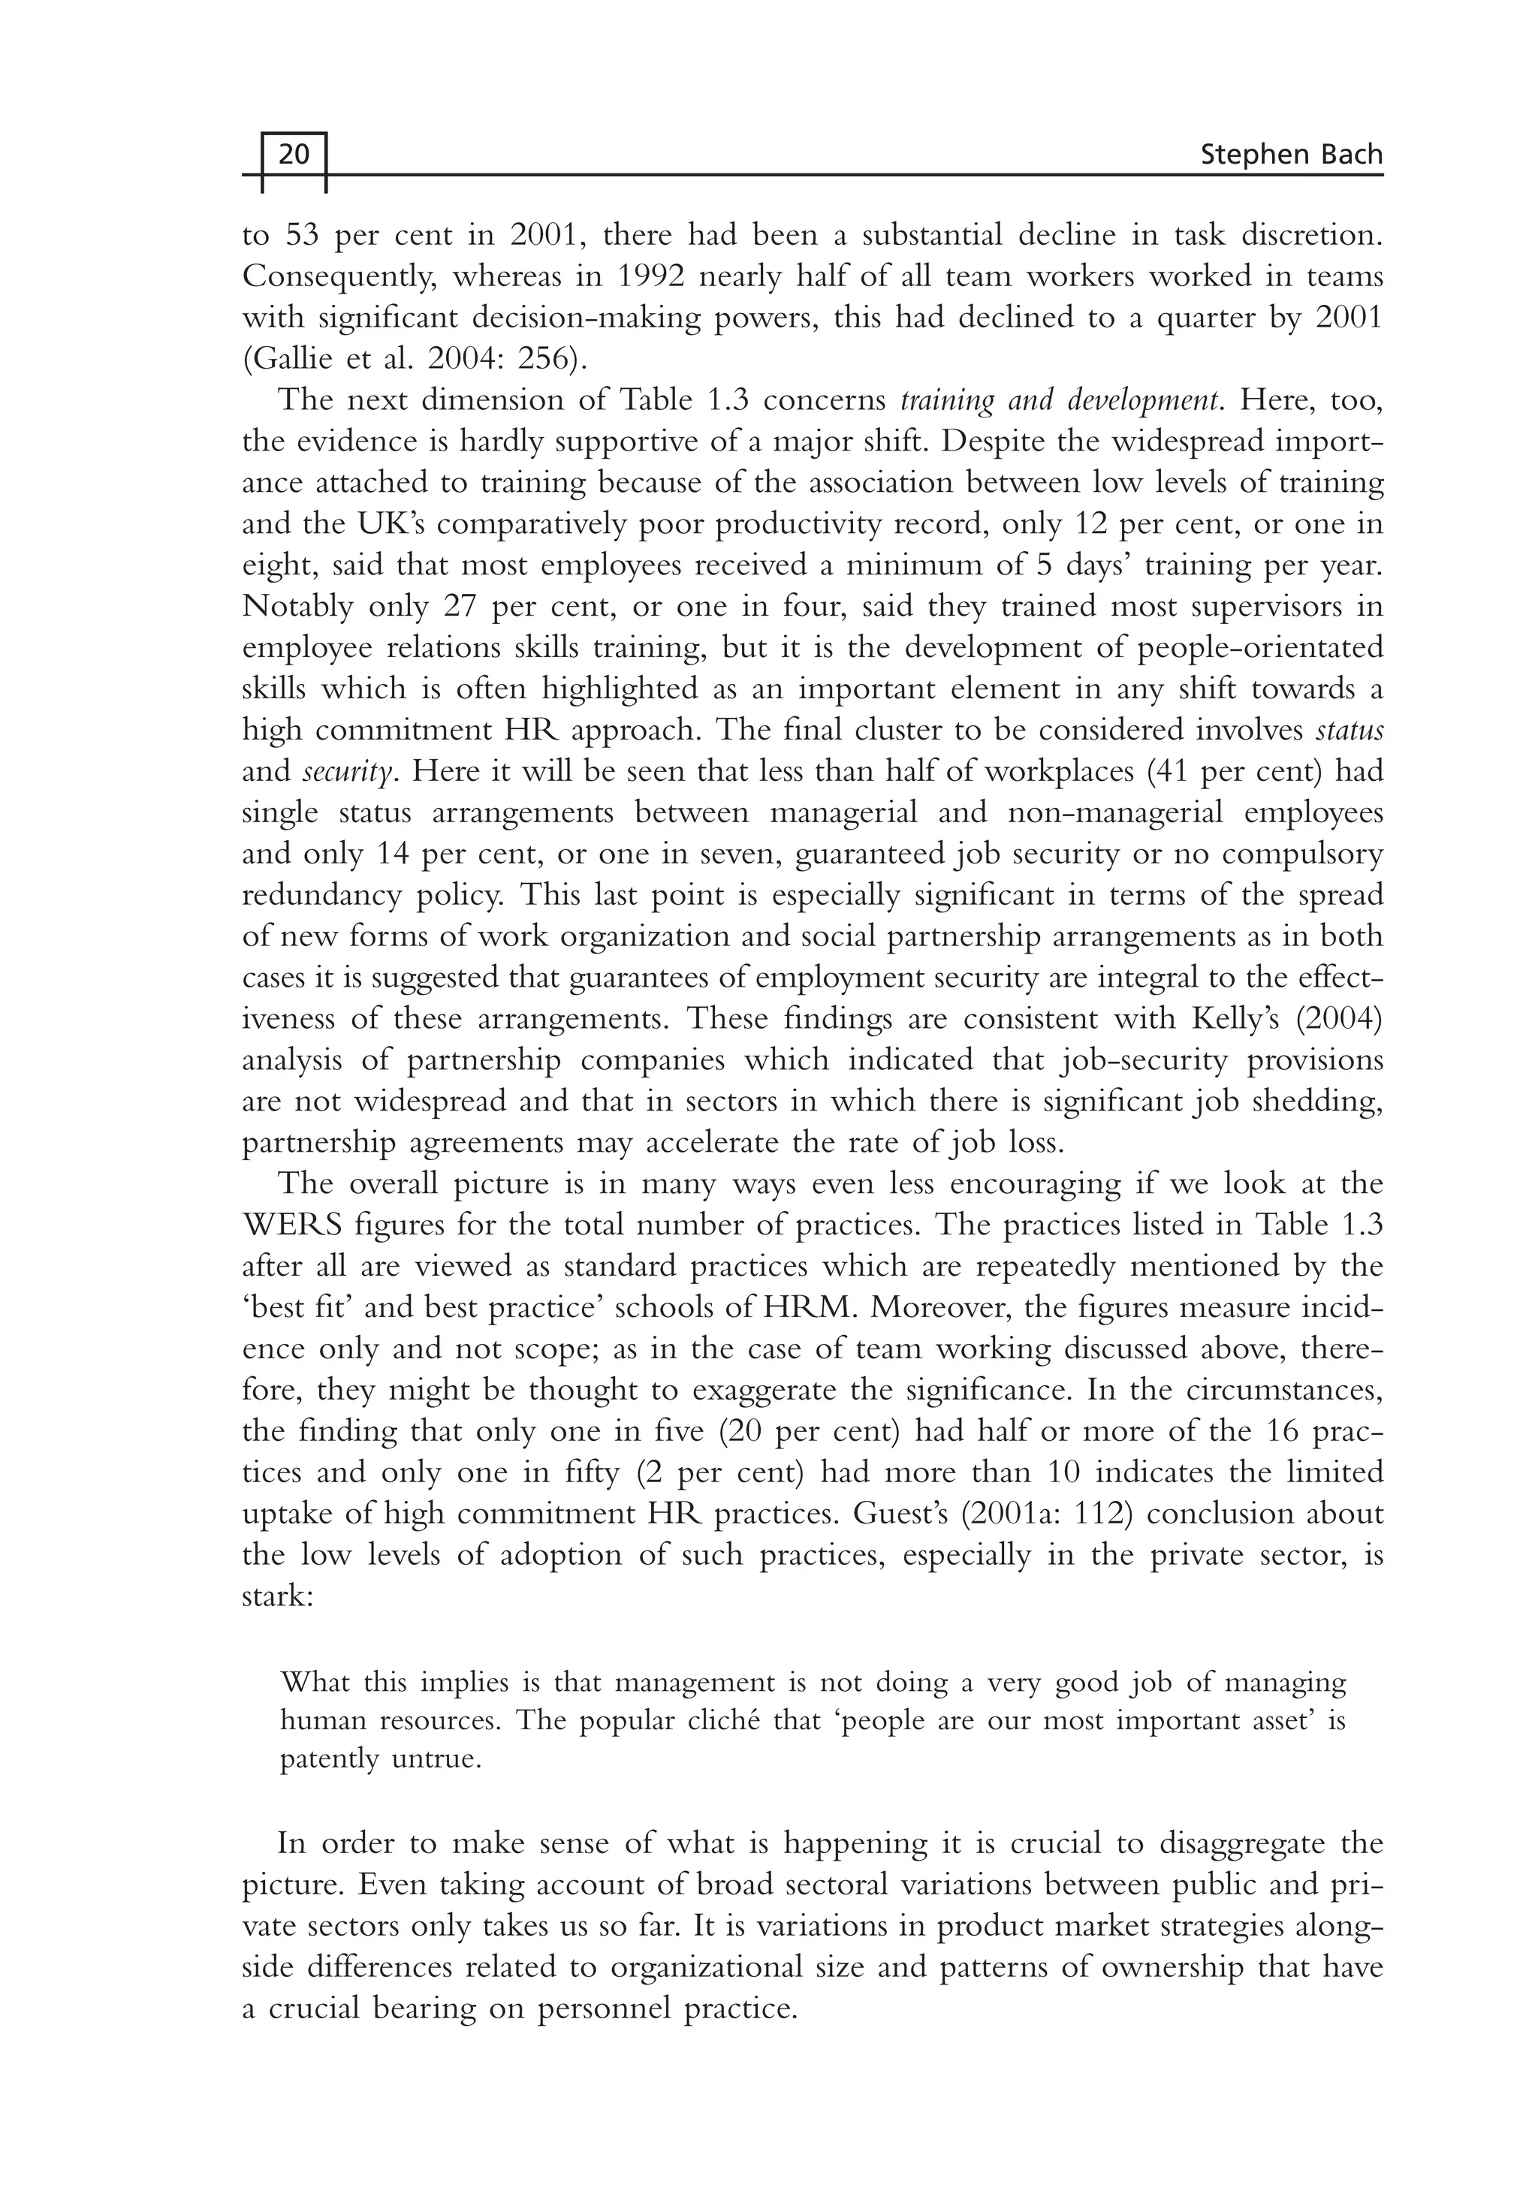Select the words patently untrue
[x=380, y=1759]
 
